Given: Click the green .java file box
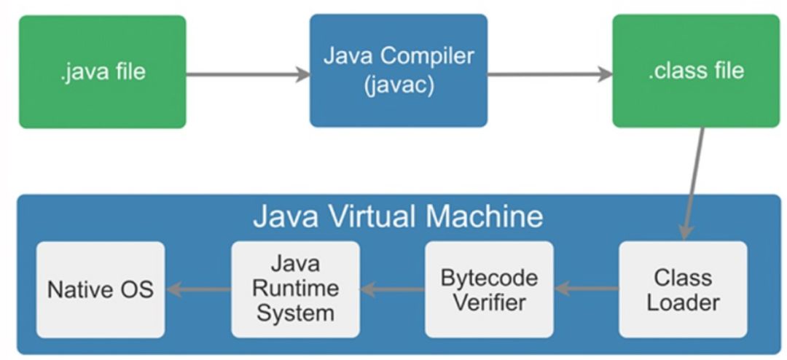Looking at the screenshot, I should (x=102, y=71).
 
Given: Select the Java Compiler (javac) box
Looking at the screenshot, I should (x=399, y=71).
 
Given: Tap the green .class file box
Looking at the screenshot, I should (x=695, y=71).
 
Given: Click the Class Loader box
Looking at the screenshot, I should (x=683, y=289).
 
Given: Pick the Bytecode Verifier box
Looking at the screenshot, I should (x=489, y=289).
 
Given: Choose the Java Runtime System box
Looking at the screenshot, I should (x=295, y=289).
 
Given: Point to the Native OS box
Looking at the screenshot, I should (x=101, y=289).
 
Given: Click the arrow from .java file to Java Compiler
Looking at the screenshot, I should (x=248, y=74).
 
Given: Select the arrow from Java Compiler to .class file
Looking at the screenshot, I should (x=549, y=74).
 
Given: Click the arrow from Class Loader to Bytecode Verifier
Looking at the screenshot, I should (x=587, y=289).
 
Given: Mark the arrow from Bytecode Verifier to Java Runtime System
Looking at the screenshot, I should (x=392, y=289).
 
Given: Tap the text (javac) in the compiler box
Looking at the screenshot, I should (x=399, y=85).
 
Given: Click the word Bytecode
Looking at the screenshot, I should (x=489, y=278).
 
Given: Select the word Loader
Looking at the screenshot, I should (x=683, y=302).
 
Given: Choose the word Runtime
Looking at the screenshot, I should (x=295, y=289).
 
